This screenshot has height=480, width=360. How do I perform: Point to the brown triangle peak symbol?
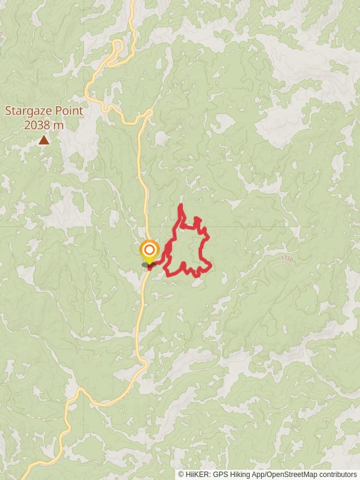44,140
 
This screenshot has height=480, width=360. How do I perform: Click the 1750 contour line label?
287,258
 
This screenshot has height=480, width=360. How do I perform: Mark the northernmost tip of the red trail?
181,206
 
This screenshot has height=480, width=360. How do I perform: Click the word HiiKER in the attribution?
199,474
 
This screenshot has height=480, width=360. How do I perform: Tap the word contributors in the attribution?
338,474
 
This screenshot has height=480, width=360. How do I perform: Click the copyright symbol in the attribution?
181,474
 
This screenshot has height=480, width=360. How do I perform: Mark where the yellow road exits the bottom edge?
25,478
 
